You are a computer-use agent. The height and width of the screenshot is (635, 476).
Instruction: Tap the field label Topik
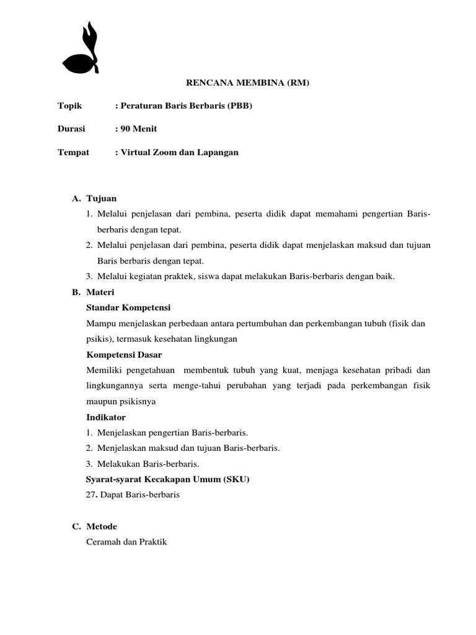point(69,106)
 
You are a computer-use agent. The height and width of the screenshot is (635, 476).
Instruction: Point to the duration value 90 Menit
point(139,129)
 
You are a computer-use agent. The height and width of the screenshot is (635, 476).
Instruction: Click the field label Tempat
point(73,152)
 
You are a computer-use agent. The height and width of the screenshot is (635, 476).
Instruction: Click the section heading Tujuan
point(102,198)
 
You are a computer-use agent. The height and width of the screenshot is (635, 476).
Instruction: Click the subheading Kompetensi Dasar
point(125,355)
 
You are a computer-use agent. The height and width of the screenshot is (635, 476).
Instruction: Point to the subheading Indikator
point(106,417)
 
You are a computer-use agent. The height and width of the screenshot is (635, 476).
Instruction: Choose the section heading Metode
point(102,526)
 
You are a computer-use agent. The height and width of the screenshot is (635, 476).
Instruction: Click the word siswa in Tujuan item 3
point(190,277)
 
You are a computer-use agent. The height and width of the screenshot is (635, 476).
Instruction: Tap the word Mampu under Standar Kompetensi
point(99,323)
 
